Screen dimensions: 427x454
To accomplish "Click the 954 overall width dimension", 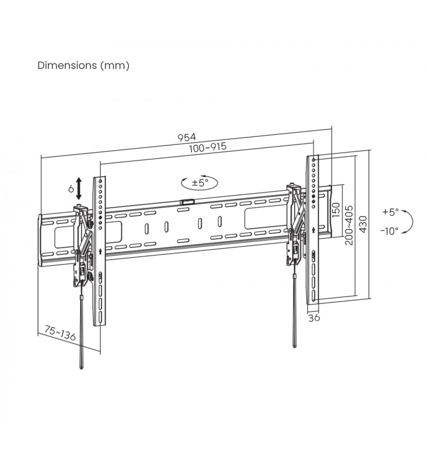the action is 187,137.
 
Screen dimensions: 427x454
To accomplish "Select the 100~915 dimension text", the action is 208,147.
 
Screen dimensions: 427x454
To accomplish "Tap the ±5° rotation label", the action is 200,183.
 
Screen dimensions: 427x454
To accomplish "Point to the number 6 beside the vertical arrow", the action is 71,189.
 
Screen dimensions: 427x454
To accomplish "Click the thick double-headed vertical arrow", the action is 79,189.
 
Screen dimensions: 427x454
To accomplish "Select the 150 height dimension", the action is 335,210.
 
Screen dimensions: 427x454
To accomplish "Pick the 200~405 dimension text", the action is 349,225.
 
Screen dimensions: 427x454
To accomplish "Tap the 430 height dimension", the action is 363,224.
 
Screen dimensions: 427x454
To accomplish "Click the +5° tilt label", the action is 390,212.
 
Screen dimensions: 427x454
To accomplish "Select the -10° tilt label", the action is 390,231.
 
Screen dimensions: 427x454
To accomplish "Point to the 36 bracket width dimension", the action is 314,318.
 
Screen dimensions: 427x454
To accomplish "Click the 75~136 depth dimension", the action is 60,333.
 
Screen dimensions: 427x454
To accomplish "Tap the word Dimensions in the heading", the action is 67,65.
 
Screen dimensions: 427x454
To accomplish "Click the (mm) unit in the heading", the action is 115,65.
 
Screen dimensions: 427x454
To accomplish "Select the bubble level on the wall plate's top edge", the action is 186,202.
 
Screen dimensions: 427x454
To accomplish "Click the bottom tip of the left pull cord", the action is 81,368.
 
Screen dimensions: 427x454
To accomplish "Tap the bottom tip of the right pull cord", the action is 295,347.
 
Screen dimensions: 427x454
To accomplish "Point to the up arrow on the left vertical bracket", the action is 101,251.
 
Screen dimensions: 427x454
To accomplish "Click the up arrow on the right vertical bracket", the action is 314,230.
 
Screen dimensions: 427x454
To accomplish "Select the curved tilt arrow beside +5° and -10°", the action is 412,222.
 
